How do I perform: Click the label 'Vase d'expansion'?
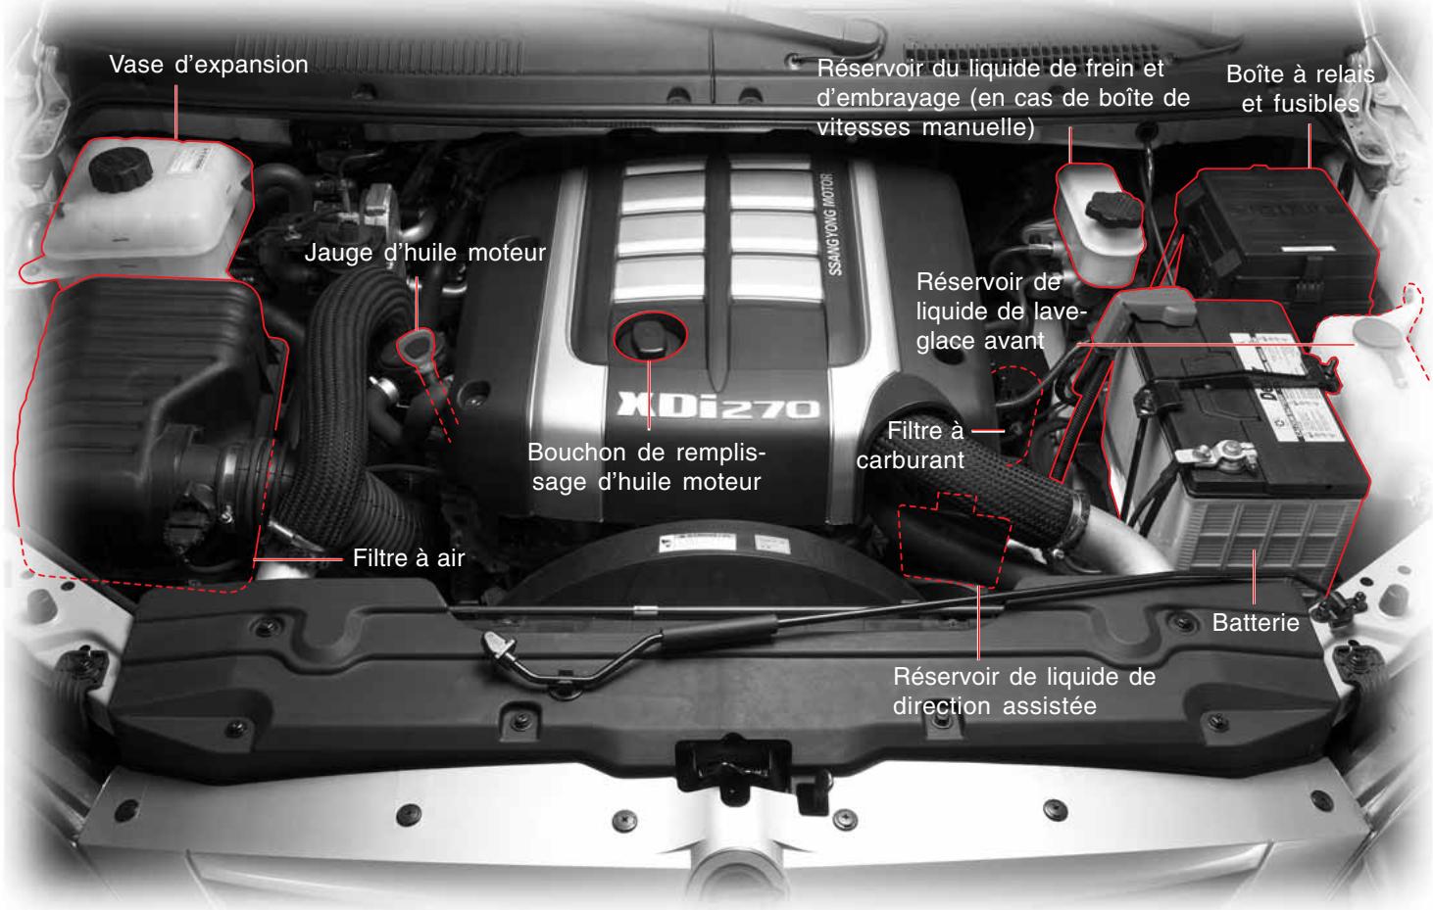[x=209, y=66]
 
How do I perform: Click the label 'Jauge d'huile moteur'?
[x=424, y=253]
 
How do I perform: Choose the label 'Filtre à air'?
[x=408, y=559]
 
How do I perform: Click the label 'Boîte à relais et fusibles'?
[x=1301, y=89]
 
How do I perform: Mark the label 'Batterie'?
[x=1256, y=622]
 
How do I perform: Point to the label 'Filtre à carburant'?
[x=910, y=445]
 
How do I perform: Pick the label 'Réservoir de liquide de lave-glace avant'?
[x=988, y=311]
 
